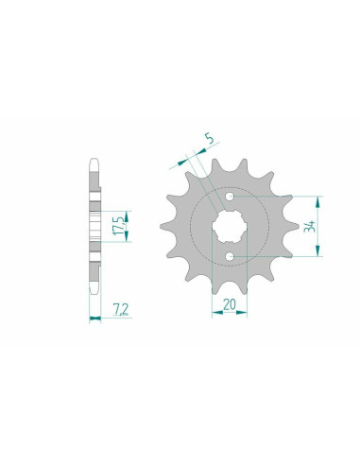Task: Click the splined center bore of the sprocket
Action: pos(230,227)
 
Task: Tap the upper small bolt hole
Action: pos(230,196)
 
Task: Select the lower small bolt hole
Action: pos(230,258)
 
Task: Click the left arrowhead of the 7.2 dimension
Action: pos(91,318)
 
